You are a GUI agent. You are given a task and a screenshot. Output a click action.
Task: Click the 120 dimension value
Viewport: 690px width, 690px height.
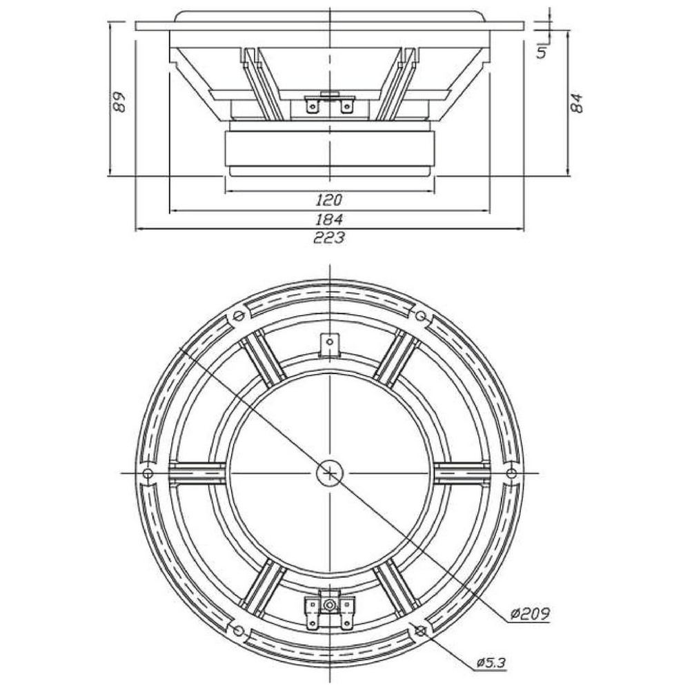tap(328, 200)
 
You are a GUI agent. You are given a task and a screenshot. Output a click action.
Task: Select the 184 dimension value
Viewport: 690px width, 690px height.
tap(328, 219)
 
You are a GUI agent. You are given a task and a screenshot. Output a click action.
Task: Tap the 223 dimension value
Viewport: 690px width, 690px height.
tap(328, 238)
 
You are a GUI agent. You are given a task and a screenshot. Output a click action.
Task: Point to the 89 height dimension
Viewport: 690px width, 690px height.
tap(119, 101)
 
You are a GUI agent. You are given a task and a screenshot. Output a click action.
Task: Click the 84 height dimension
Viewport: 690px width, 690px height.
tap(576, 103)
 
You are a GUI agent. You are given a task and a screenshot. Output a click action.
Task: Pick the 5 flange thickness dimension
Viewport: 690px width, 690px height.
tap(542, 52)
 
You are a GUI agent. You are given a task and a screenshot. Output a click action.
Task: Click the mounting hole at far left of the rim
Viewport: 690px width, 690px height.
tap(148, 473)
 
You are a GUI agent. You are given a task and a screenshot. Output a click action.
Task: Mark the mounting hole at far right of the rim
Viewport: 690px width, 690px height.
tap(511, 473)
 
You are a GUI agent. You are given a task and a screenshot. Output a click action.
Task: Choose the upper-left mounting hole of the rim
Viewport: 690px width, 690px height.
tap(239, 316)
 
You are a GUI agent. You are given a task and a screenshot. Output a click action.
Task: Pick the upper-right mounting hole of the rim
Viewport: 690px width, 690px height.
tap(421, 316)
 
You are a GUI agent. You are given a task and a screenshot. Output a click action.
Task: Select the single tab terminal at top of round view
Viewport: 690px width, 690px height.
tap(330, 344)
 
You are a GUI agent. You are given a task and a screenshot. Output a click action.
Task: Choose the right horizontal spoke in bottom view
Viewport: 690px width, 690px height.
tap(462, 473)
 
